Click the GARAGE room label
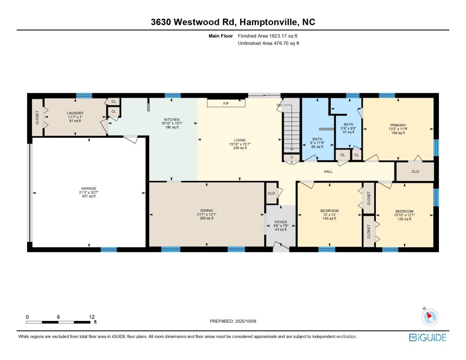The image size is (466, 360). pos(89,188)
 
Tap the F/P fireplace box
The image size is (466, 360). pos(226,103)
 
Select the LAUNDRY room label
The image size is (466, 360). pos(75,113)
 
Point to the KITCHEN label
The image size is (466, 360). pos(172,120)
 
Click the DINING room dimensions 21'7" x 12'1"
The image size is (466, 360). pos(207,214)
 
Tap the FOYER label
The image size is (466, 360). pos(280,222)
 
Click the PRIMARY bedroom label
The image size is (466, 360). pos(398,125)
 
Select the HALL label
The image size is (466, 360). pos(328,171)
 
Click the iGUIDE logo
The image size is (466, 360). pos(428,337)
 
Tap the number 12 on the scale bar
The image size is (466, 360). pos(92,317)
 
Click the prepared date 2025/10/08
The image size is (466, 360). pos(245,321)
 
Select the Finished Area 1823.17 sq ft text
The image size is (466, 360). pos(268,36)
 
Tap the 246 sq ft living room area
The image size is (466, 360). pos(240,148)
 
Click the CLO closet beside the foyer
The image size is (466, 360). pos(271,193)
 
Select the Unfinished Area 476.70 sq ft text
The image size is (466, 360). pos(268,43)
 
